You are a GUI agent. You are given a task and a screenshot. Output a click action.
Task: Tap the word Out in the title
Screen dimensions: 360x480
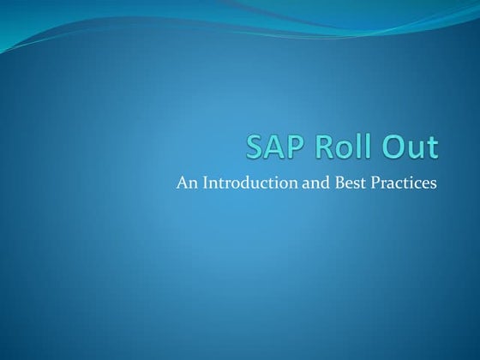[x=411, y=147]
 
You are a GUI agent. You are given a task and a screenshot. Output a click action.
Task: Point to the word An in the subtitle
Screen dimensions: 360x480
[x=185, y=183]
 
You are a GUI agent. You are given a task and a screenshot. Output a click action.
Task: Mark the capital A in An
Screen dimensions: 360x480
[x=181, y=183]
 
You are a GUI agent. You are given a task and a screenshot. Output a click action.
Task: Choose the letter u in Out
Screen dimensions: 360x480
[x=417, y=150]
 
